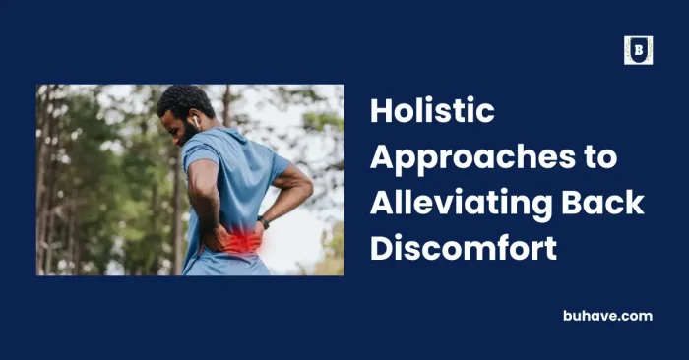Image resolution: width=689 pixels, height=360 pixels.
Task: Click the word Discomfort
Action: point(464,248)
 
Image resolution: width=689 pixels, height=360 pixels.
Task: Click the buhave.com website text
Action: point(606,316)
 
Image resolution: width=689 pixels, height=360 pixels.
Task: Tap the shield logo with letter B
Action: point(638,50)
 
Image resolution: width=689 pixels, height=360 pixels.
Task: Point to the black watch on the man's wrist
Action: point(263,221)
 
